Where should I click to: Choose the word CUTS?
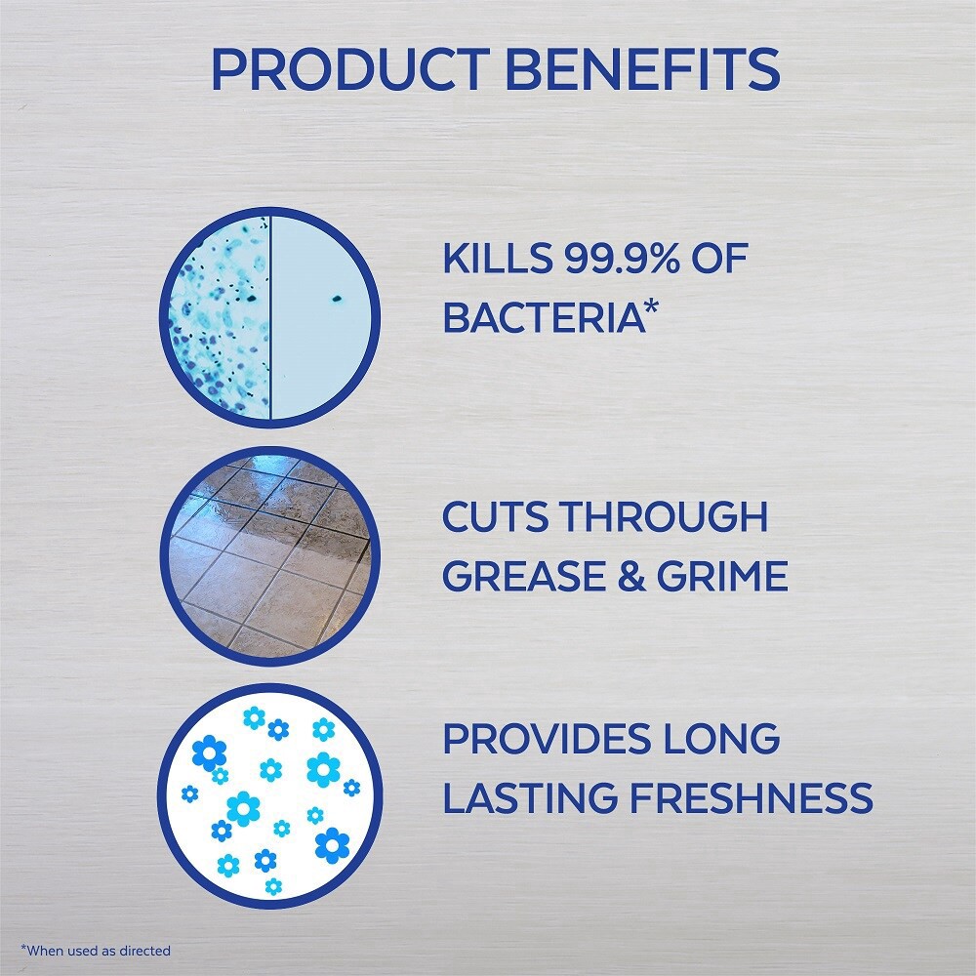[495, 516]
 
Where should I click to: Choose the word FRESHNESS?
[752, 796]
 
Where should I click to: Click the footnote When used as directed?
[96, 950]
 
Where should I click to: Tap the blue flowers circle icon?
[268, 793]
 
